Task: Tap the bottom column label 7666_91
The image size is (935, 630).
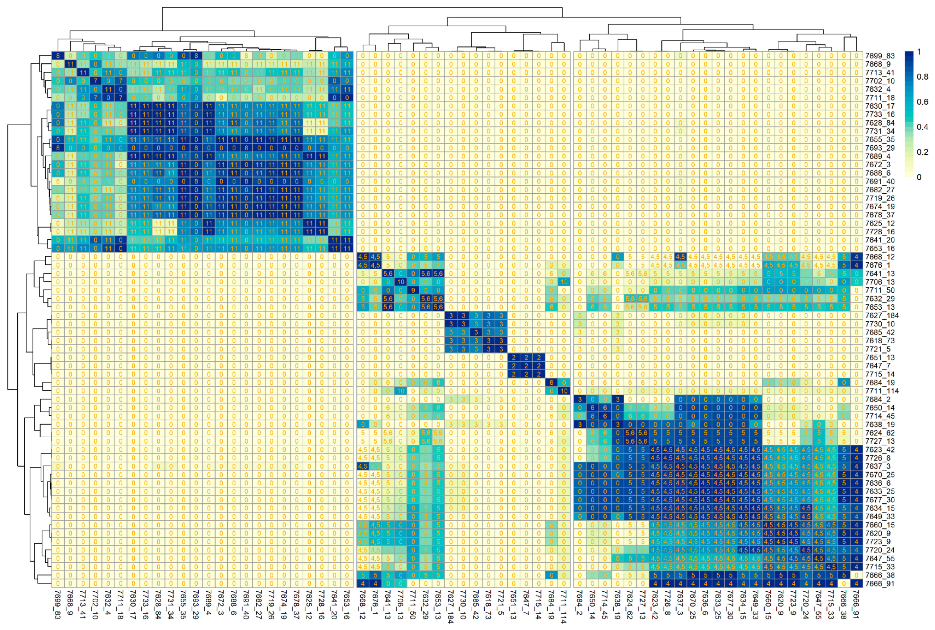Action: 857,604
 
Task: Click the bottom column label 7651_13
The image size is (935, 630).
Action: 514,604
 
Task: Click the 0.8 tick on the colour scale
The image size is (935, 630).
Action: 922,77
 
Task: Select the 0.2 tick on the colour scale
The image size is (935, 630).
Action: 922,152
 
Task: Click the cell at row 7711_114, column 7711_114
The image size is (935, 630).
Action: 564,391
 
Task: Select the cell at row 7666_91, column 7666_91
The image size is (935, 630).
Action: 857,584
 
